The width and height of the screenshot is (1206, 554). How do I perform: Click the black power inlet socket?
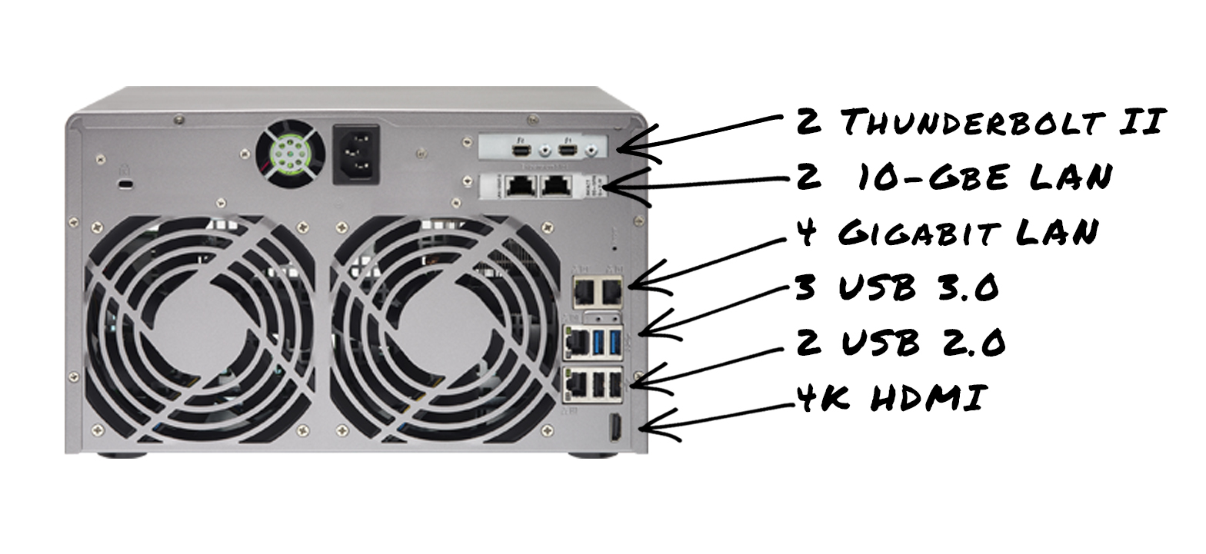point(355,154)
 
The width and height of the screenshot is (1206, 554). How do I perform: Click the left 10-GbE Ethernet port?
point(524,185)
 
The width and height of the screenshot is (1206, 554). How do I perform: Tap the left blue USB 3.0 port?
point(598,340)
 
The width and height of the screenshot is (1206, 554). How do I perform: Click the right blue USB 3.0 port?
point(616,340)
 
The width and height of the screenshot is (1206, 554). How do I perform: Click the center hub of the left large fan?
point(202,332)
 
